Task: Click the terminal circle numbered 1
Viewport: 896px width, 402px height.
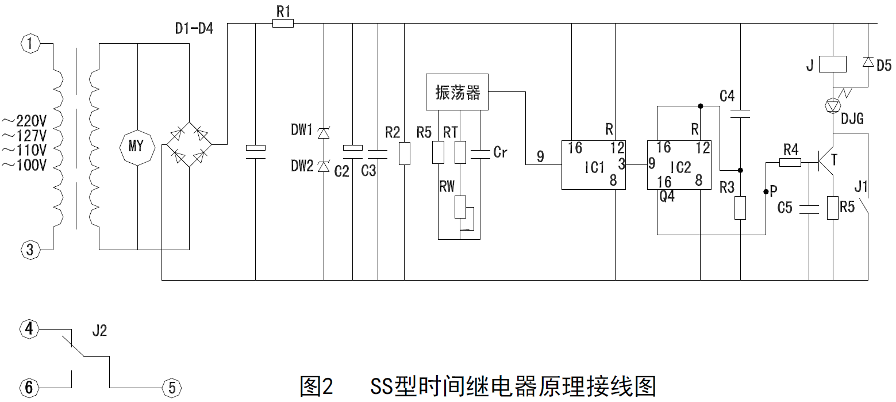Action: (x=30, y=43)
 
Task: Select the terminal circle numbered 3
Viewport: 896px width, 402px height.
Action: (x=30, y=250)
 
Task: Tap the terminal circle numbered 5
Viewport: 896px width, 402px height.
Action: (x=170, y=387)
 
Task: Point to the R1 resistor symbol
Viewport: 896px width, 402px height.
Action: (x=282, y=24)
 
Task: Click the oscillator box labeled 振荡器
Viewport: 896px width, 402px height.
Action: (x=457, y=92)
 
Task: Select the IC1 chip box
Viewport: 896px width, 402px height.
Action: (x=593, y=164)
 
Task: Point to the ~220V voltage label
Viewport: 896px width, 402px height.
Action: (x=24, y=121)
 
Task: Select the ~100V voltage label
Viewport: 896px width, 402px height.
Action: (x=24, y=166)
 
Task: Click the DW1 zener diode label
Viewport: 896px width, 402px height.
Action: (x=302, y=132)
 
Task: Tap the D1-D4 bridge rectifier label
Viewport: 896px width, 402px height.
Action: (x=194, y=28)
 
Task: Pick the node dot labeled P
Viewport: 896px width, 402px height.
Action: (x=766, y=192)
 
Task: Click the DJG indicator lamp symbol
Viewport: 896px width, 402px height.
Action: (x=832, y=105)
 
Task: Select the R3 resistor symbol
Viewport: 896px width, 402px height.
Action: (x=740, y=208)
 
